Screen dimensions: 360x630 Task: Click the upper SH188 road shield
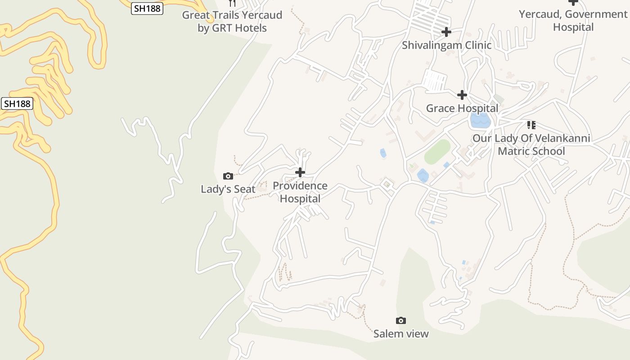coord(147,8)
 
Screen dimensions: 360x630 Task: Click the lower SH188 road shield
coord(17,103)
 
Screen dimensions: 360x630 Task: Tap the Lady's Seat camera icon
coord(228,176)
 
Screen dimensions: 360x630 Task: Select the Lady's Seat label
coord(228,189)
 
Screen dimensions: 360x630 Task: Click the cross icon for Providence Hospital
coord(300,172)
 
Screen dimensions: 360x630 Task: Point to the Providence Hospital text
coord(300,192)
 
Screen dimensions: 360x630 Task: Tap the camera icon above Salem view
coord(401,320)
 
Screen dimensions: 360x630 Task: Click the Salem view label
coord(401,334)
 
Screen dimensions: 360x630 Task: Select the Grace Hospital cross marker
coord(462,95)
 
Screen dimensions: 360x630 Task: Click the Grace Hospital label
coord(462,108)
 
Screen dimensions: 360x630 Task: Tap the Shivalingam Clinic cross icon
coord(446,32)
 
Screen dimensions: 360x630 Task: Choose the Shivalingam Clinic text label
coord(446,45)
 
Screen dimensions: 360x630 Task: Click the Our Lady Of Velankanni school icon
coord(531,125)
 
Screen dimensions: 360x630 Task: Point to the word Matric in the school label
coord(514,151)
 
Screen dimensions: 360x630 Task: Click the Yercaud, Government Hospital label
coord(573,21)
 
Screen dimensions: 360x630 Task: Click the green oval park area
coord(437,152)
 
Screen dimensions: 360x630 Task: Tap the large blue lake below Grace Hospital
coord(480,121)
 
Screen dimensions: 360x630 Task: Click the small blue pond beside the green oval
coord(423,175)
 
